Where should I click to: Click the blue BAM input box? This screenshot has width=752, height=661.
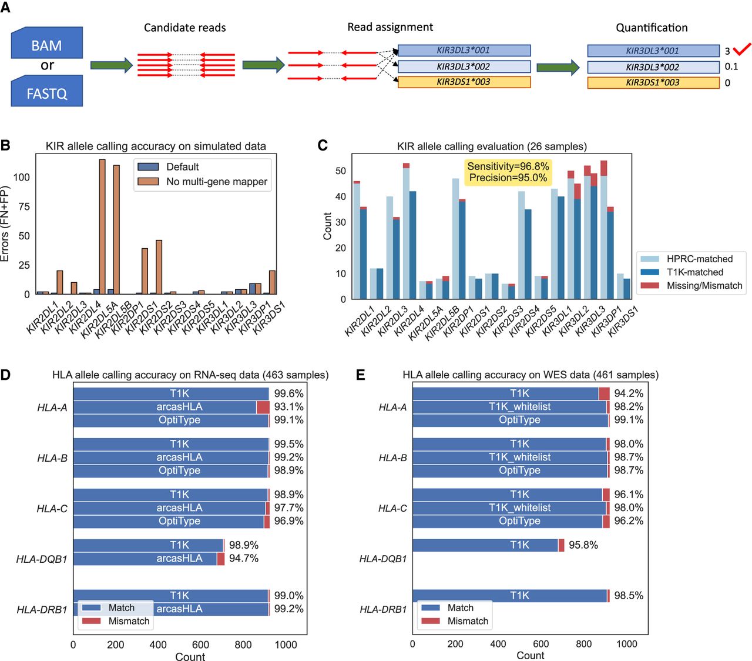coord(46,44)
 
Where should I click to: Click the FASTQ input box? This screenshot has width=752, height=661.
coord(46,92)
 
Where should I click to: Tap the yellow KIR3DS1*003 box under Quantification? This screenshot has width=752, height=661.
coord(653,83)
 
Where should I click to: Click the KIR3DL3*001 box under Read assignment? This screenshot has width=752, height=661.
coord(464,51)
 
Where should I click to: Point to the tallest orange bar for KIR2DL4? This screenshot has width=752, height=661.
coord(102,226)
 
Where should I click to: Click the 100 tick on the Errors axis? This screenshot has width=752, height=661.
coord(22,177)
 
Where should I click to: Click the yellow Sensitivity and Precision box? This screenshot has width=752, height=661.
coord(508,172)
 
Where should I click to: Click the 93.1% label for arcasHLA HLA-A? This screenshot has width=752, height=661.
coord(288,407)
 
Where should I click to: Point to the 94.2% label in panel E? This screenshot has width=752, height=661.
coord(629,393)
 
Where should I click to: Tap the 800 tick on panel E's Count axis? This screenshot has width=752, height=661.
coord(583,644)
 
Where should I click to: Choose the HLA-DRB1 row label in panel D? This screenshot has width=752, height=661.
coord(42,610)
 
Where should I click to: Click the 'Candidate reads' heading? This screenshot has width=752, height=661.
coord(184,28)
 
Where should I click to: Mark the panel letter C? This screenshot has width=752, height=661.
coord(322,145)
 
